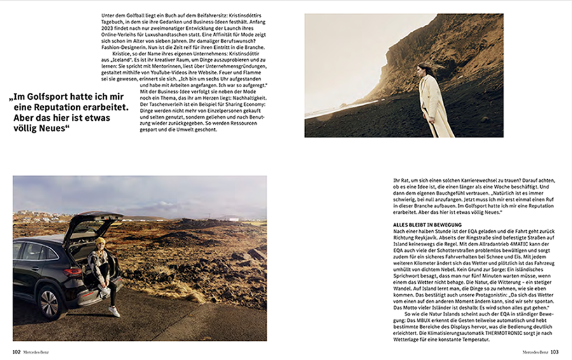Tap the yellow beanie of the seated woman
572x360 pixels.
pyautogui.click(x=100, y=242)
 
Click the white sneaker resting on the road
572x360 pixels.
pyautogui.click(x=114, y=311)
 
